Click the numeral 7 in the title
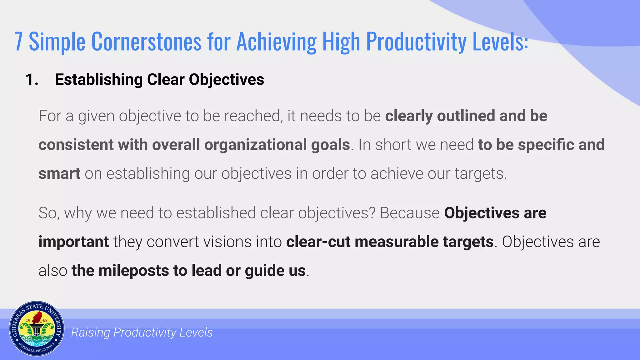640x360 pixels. pos(19,42)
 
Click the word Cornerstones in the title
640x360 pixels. pos(146,42)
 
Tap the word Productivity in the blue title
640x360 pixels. pos(416,42)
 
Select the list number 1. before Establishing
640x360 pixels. pos(32,79)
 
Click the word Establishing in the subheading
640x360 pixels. pos(98,79)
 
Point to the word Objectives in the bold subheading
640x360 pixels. pos(226,79)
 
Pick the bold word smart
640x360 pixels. pos(59,173)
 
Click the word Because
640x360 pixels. pos(410,213)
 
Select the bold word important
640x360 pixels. pos(73,242)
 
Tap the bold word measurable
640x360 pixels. pos(396,242)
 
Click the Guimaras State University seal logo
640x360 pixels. pos(37,329)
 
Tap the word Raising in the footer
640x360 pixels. pos(91,332)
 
